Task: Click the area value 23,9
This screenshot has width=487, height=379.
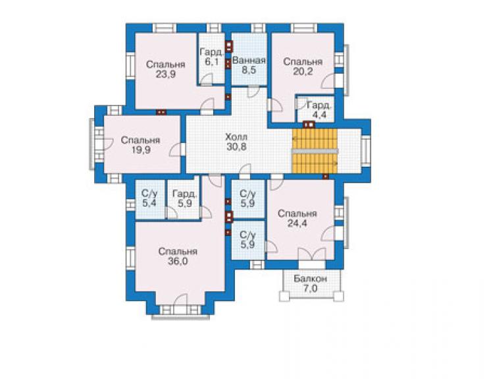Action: coord(167,74)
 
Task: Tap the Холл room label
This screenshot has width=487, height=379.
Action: coord(236,137)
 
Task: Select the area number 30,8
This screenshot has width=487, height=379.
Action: coord(236,146)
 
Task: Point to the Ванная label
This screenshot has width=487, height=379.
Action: coord(249,61)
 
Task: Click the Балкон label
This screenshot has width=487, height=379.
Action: coord(310,279)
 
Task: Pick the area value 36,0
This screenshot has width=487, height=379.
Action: coord(178,262)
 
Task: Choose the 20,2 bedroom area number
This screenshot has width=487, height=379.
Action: coord(303,71)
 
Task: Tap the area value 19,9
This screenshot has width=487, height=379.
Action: coord(141,150)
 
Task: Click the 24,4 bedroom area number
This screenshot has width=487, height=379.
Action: coord(297,223)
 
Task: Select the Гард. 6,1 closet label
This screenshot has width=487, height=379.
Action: coord(211,57)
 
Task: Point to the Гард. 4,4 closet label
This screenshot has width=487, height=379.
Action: coord(319,110)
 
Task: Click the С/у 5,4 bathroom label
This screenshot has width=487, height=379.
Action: coord(149,198)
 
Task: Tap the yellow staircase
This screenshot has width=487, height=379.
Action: coord(315,151)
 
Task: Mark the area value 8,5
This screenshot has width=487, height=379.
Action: coord(249,70)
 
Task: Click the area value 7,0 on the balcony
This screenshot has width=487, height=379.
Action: coord(310,289)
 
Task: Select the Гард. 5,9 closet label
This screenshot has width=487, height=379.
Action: coord(185,198)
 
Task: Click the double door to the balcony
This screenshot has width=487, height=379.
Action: coord(312,254)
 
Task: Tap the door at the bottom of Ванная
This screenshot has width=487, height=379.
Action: coord(253,91)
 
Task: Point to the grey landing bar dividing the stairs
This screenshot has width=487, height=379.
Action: coord(315,151)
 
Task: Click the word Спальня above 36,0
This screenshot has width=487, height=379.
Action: coord(178,251)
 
